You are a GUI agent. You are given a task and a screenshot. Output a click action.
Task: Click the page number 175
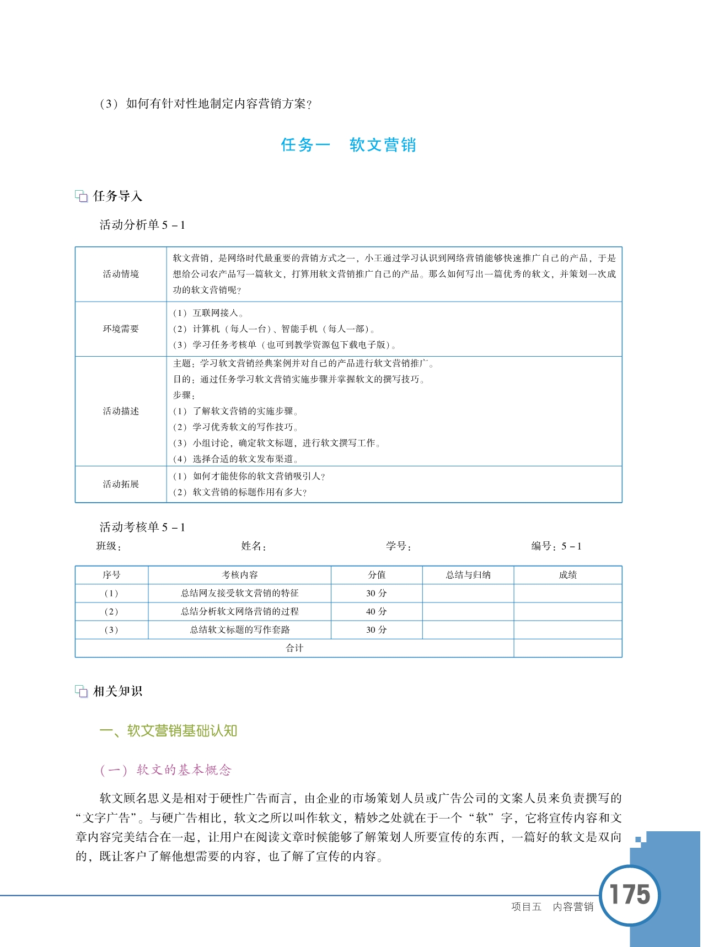[630, 894]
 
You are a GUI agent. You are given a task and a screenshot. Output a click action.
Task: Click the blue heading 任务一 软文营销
[348, 145]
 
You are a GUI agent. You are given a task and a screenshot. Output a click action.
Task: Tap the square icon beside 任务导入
[82, 196]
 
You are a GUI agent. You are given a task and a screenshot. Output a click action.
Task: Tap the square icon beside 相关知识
[82, 691]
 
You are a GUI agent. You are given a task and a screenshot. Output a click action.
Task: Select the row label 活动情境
[121, 274]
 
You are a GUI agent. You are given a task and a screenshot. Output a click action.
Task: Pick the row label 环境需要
[121, 329]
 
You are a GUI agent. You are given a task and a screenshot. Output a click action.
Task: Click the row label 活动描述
[121, 411]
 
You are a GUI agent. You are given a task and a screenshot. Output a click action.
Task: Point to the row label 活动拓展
[121, 484]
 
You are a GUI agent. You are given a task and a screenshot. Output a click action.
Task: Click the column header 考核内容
[239, 575]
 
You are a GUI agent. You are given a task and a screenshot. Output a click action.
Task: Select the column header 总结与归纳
[468, 575]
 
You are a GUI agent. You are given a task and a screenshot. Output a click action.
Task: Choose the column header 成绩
[568, 575]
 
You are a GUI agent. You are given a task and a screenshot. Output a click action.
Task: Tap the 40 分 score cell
[377, 611]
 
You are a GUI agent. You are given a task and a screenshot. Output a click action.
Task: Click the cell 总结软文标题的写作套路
[239, 629]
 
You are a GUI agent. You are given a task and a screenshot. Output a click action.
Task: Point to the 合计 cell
[294, 648]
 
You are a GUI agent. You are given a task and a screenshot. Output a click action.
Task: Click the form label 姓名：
[254, 546]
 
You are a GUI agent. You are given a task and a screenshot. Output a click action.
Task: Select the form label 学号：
[399, 546]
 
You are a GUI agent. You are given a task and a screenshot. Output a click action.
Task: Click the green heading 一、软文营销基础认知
[168, 731]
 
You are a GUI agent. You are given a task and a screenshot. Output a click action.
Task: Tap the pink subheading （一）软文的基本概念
[165, 770]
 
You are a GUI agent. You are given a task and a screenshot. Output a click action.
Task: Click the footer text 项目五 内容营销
[552, 907]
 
